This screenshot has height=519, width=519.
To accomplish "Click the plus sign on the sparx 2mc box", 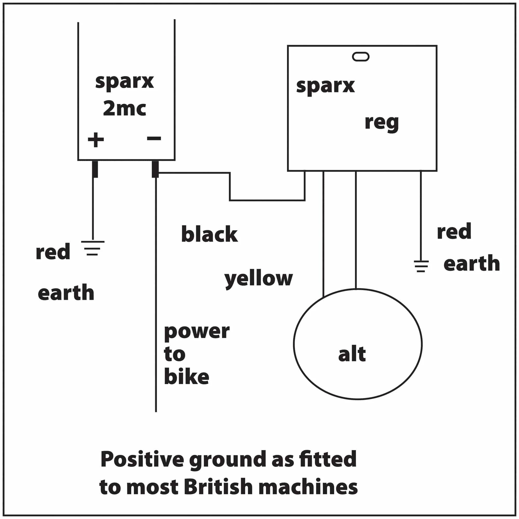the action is click(96, 140).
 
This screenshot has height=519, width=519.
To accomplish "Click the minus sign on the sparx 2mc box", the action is click(154, 138).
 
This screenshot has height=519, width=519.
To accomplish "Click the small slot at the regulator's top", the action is click(360, 57).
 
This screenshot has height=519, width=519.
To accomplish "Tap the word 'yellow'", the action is click(258, 279).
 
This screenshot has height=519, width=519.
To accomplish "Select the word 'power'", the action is click(197, 332).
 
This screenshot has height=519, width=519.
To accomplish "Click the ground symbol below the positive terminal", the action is click(92, 248).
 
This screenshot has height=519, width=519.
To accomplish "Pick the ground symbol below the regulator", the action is click(421, 266).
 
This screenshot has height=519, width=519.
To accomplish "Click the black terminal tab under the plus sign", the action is click(95, 169).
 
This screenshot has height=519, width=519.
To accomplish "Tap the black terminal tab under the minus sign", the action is click(155, 169).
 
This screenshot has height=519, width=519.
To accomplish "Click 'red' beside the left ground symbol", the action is click(53, 252).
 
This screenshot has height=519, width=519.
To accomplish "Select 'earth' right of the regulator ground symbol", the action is click(472, 263).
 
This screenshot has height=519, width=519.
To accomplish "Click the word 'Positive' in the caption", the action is click(142, 459).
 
